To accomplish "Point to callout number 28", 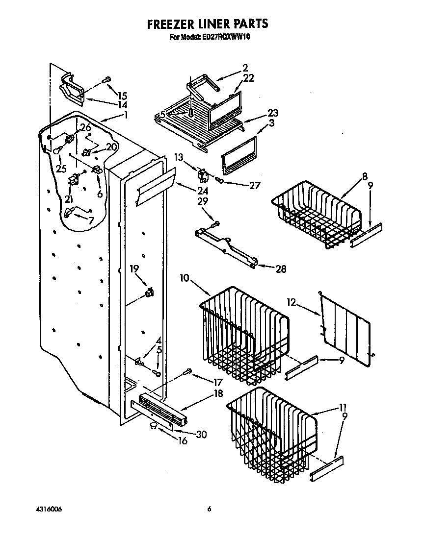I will coord(280,269).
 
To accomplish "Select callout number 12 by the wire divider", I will coord(292,303).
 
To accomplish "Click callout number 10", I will coord(185,278).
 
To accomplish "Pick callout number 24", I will coord(188,191).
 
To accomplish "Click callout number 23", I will coord(272,112).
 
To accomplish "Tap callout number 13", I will coord(178,157).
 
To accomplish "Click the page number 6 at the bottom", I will coord(209,510).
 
